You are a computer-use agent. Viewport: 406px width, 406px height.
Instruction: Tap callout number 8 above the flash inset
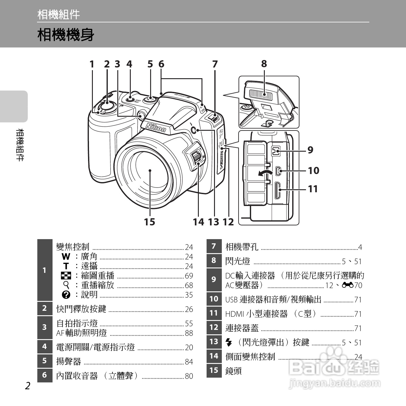264,64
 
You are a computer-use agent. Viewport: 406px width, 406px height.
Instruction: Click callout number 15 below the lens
150,222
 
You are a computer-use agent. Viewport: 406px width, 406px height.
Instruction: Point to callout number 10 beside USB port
313,170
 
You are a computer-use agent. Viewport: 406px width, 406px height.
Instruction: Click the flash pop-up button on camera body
193,130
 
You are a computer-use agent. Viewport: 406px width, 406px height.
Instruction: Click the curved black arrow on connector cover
265,174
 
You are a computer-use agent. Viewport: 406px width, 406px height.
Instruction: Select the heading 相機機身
66,35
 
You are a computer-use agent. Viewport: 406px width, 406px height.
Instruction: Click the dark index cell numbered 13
214,342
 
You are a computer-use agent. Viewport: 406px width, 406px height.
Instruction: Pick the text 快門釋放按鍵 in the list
81,309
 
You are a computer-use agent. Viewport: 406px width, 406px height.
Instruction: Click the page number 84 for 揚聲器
189,362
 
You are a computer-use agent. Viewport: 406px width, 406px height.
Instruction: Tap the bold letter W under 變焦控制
66,256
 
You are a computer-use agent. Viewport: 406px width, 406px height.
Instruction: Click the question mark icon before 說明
66,295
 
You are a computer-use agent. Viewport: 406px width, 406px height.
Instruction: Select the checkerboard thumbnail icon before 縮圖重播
66,276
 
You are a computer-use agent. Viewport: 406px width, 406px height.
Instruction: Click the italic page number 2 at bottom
28,386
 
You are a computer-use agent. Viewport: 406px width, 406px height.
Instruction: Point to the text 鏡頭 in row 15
233,371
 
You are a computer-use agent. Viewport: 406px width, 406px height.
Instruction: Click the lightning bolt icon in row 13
229,342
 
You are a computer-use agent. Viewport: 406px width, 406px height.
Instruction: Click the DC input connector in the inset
276,151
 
